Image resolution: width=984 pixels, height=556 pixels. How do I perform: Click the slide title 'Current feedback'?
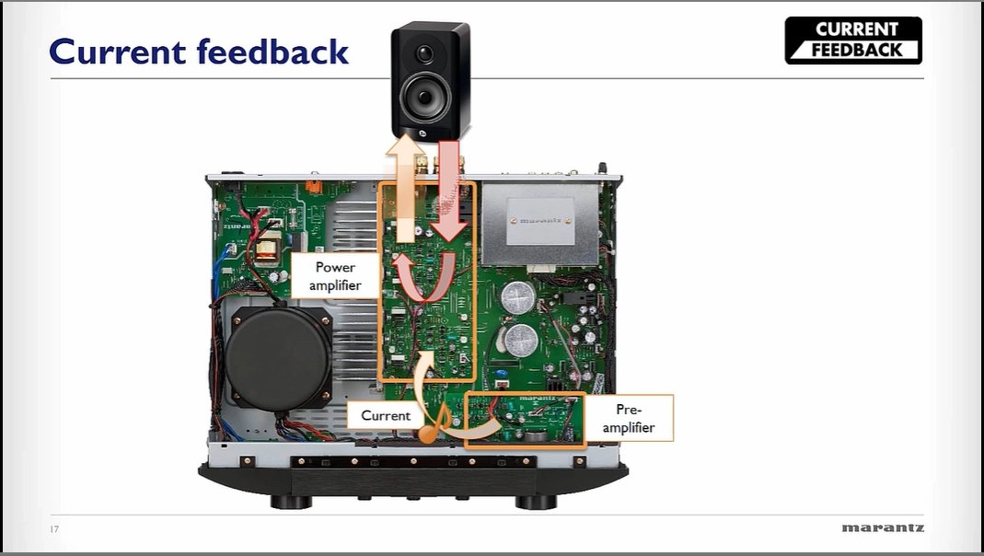tap(199, 52)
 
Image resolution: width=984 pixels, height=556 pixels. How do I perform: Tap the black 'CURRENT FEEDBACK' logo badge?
tap(853, 41)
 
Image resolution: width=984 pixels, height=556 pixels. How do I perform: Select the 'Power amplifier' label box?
tap(335, 275)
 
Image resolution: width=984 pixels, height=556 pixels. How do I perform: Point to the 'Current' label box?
tap(386, 415)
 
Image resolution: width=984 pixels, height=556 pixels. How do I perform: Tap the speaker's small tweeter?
tap(424, 52)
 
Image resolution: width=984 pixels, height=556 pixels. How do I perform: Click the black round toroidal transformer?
tap(279, 355)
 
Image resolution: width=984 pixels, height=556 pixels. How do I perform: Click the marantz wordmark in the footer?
tap(882, 528)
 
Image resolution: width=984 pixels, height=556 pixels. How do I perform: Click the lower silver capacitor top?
tap(521, 337)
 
